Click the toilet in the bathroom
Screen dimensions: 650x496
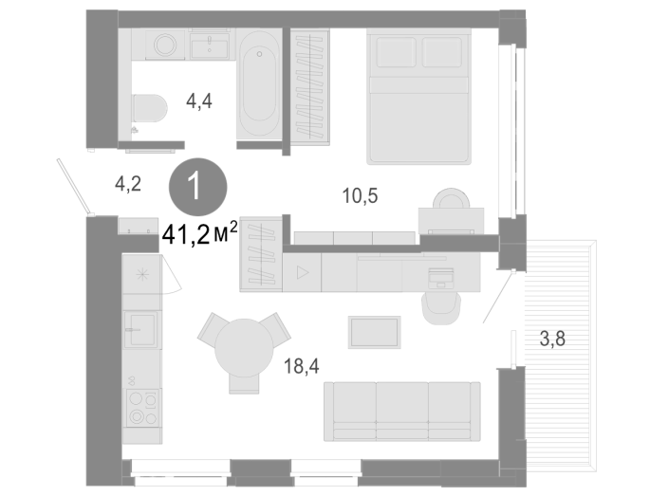coord(150,108)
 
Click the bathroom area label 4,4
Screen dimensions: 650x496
coord(199,101)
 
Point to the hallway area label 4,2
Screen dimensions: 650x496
coord(128,184)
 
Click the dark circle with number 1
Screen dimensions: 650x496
coord(197,187)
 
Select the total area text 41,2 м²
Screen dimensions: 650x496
coord(200,233)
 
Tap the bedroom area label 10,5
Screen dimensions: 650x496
coord(361,195)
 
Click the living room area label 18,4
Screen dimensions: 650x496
coord(302,366)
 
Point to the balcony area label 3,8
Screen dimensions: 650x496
coord(552,339)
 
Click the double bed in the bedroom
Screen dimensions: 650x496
coord(418,97)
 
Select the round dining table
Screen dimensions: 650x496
coord(244,348)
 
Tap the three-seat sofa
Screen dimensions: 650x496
coord(402,412)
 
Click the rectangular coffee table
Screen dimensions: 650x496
coord(374,332)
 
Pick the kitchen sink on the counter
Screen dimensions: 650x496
coord(141,329)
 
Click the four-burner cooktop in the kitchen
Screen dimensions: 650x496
coord(143,407)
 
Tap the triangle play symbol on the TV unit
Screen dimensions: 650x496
coord(303,272)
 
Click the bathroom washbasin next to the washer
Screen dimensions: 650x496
coord(210,46)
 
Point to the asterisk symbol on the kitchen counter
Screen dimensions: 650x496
coord(142,274)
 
